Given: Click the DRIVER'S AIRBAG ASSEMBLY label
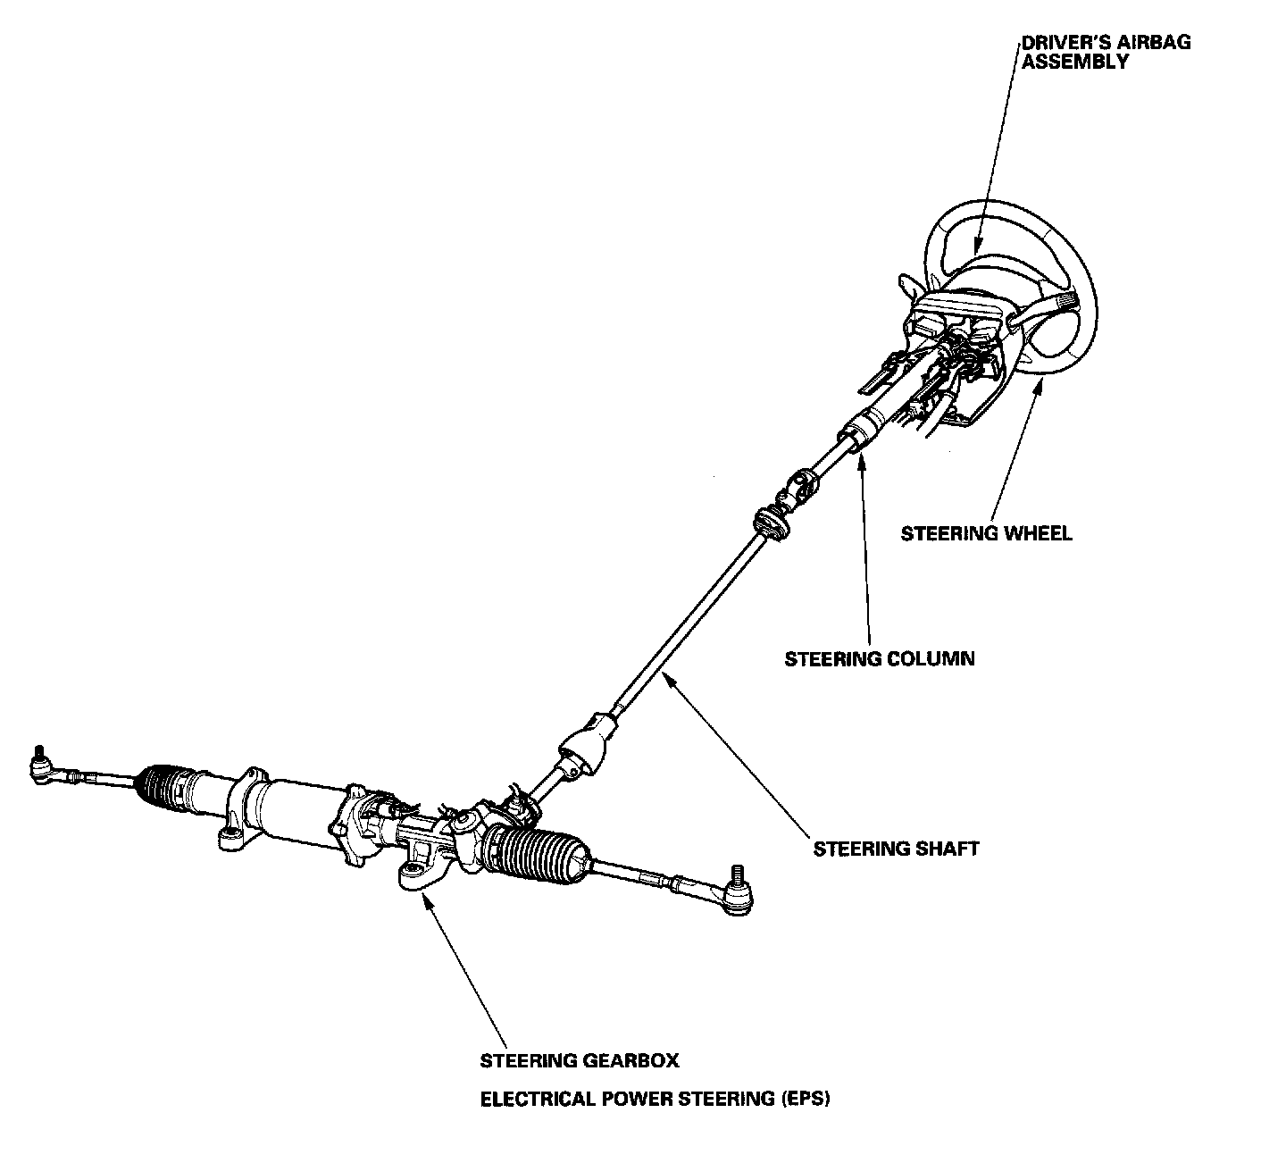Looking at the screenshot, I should click(x=1106, y=52).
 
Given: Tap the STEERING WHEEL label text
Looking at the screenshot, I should click(x=986, y=534).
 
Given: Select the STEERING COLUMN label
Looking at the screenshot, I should click(x=880, y=659).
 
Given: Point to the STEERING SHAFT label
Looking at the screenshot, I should click(x=896, y=849).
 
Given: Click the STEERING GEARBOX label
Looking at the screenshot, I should click(x=580, y=1061).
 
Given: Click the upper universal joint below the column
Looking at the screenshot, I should click(x=801, y=488).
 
